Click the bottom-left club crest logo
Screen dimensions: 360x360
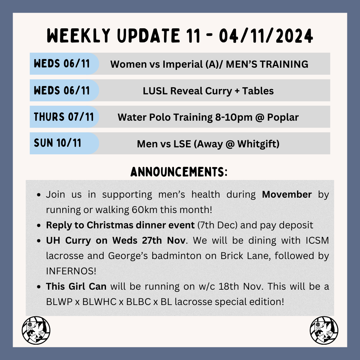(x=36, y=330)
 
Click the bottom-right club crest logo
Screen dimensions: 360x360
(x=324, y=330)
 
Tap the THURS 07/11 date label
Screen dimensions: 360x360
(x=64, y=117)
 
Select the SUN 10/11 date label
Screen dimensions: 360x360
(x=58, y=143)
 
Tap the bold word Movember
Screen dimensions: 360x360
(x=287, y=194)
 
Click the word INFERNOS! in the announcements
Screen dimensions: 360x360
(x=71, y=271)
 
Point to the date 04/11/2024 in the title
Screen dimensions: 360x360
(x=266, y=36)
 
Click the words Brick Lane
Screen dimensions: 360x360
(x=230, y=256)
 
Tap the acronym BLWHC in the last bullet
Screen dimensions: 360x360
(x=99, y=302)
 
